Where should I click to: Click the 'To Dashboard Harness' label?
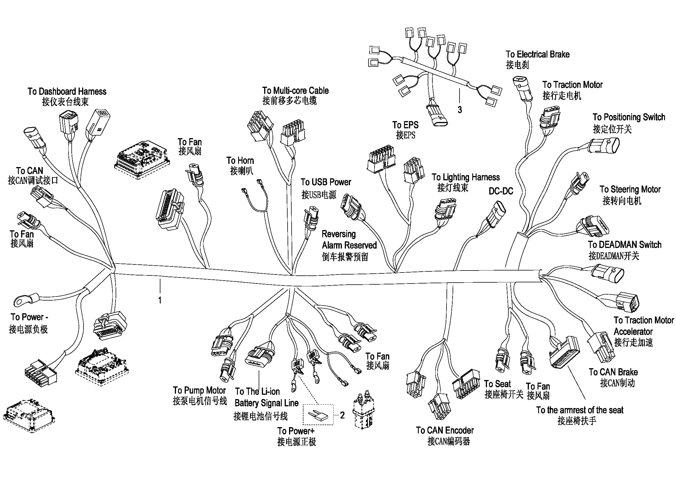pyautogui.click(x=67, y=92)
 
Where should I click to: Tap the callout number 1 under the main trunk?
pyautogui.click(x=160, y=300)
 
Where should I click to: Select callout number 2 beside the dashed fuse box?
pyautogui.click(x=342, y=415)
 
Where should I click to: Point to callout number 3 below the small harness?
pyautogui.click(x=460, y=110)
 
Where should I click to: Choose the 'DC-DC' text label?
pyautogui.click(x=501, y=191)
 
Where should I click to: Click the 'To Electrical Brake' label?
pyautogui.click(x=538, y=54)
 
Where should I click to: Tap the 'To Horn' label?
pyautogui.click(x=240, y=161)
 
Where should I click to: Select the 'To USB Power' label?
pyautogui.click(x=326, y=182)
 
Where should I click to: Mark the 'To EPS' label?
pyautogui.click(x=405, y=125)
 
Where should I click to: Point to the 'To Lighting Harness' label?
pyautogui.click(x=466, y=177)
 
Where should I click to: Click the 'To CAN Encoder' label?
pyautogui.click(x=445, y=431)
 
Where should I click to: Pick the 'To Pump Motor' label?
pyautogui.click(x=199, y=391)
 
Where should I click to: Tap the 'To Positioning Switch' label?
pyautogui.click(x=629, y=117)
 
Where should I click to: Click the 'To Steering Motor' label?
pyautogui.click(x=630, y=189)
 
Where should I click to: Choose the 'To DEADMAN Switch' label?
pyautogui.click(x=625, y=245)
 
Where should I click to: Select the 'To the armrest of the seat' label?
pyautogui.click(x=580, y=410)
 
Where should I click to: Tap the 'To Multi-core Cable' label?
pyautogui.click(x=295, y=91)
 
